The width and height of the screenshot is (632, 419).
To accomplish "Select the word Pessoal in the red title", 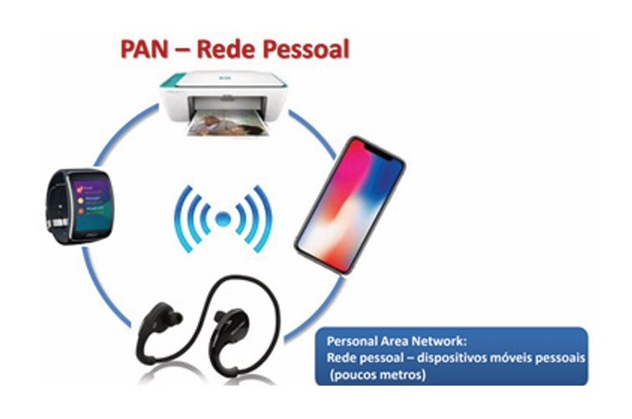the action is coord(307,48).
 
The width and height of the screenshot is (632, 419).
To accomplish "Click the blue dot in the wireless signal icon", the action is coord(221,220).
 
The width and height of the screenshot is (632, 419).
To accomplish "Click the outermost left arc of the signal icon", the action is coord(178,220).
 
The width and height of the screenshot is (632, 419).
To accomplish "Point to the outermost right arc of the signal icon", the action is coord(265,220).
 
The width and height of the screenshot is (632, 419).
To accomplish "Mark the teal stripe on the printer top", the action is coord(179,80).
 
